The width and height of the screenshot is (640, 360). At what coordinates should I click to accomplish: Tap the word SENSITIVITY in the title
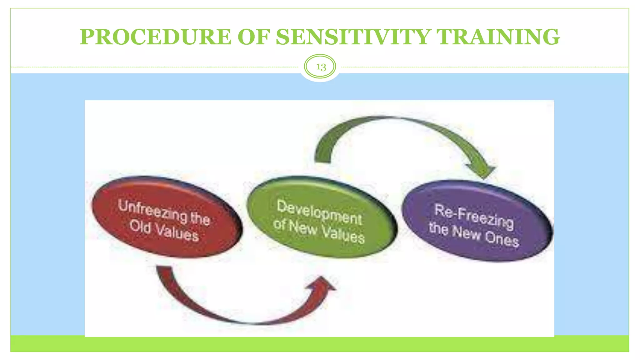pyautogui.click(x=353, y=37)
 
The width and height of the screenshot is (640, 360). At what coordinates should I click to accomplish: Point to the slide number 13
pyautogui.click(x=321, y=67)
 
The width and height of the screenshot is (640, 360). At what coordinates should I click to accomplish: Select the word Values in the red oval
pyautogui.click(x=177, y=232)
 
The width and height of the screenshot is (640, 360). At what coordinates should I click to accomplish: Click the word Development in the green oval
pyautogui.click(x=319, y=212)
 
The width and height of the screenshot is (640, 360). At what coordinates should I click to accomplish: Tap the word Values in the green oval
pyautogui.click(x=343, y=234)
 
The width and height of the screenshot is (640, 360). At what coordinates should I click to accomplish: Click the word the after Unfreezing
pyautogui.click(x=200, y=217)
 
